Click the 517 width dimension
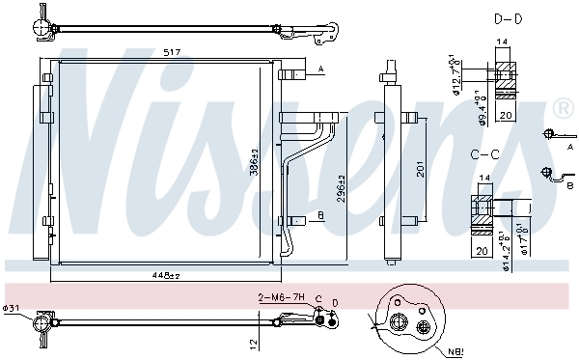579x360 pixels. pyautogui.click(x=173, y=50)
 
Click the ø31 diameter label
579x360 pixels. pyautogui.click(x=11, y=309)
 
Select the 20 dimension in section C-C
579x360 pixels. pyautogui.click(x=480, y=251)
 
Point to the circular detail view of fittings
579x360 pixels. pyautogui.click(x=405, y=316)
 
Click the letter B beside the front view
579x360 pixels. pyautogui.click(x=320, y=216)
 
